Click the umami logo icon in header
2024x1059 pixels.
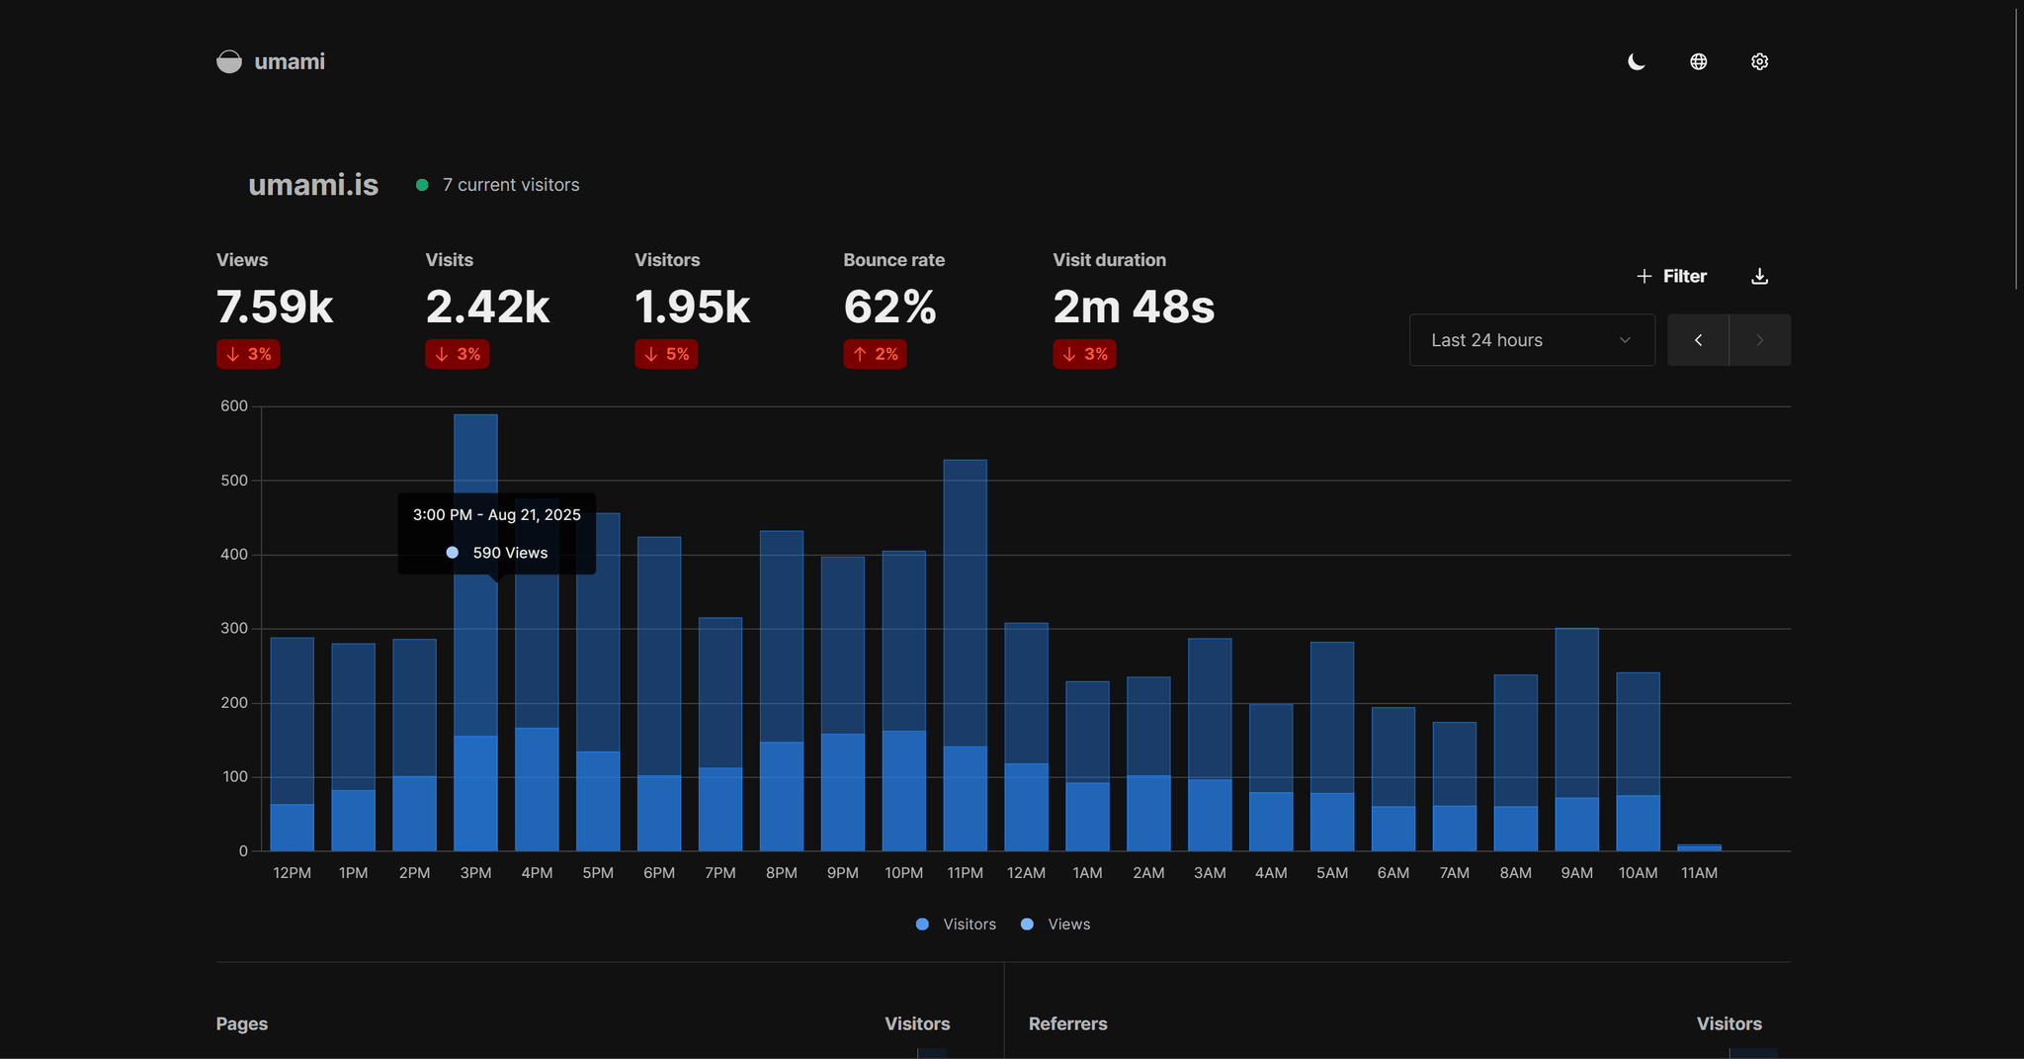229,61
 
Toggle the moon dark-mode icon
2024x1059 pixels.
1637,61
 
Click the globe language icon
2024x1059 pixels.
1698,61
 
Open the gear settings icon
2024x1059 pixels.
1759,61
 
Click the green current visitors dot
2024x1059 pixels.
422,185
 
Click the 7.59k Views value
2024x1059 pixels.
275,307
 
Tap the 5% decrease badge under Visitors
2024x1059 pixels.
666,354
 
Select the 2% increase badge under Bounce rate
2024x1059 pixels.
875,354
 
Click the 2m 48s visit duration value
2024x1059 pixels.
1134,307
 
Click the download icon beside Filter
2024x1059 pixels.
1759,276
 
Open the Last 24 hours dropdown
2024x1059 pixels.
1531,340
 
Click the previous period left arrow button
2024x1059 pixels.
1698,340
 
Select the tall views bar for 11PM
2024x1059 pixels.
965,593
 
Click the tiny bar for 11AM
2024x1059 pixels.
1699,847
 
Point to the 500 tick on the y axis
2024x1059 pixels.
234,481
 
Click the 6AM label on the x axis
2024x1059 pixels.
1392,873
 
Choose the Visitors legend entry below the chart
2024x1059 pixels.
956,925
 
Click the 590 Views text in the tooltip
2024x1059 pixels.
510,553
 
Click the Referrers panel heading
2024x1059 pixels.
1067,1023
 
